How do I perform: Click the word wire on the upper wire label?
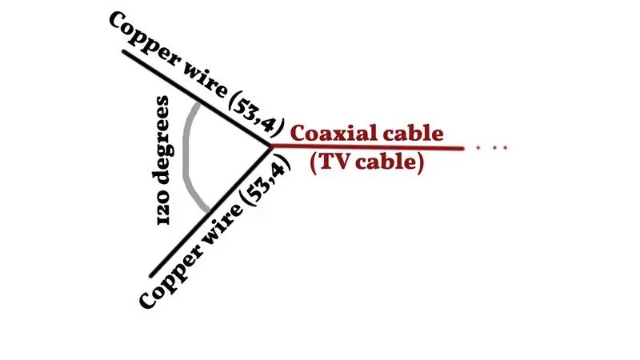tap(205, 82)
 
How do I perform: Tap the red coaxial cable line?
tap(367, 147)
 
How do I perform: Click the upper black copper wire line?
tap(196, 98)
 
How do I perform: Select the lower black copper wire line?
tap(210, 211)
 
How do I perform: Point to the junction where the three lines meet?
tap(270, 146)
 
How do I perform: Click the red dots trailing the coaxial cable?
tap(492, 148)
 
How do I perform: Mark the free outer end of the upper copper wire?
tap(124, 51)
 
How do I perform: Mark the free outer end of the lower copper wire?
tap(151, 276)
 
